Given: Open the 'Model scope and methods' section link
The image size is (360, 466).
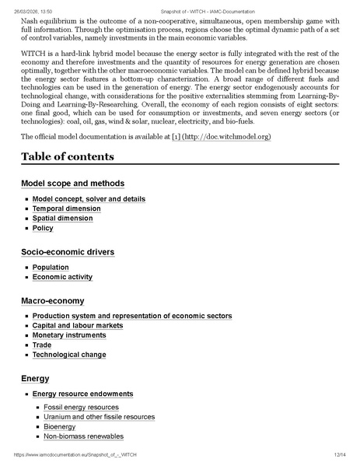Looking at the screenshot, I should tap(72, 184).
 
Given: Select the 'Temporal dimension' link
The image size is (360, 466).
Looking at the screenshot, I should tap(66, 208).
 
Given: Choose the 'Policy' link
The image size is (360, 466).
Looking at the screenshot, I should tap(43, 229).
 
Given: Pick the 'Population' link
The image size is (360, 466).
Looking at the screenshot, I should tap(51, 267).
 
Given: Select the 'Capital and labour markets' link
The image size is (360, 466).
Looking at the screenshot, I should tap(78, 325).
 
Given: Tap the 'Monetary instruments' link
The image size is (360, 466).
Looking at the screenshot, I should tap(69, 335).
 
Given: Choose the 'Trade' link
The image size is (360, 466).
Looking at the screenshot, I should tap(42, 345).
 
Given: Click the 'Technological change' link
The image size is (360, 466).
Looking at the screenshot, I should tap(69, 355).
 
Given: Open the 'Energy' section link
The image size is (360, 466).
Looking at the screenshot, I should tap(35, 379).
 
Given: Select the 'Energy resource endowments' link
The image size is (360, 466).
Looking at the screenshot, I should tap(82, 394).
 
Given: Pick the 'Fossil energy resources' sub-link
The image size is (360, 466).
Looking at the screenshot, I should tap(82, 407).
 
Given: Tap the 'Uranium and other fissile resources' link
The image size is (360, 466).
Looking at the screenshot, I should tap(100, 417).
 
